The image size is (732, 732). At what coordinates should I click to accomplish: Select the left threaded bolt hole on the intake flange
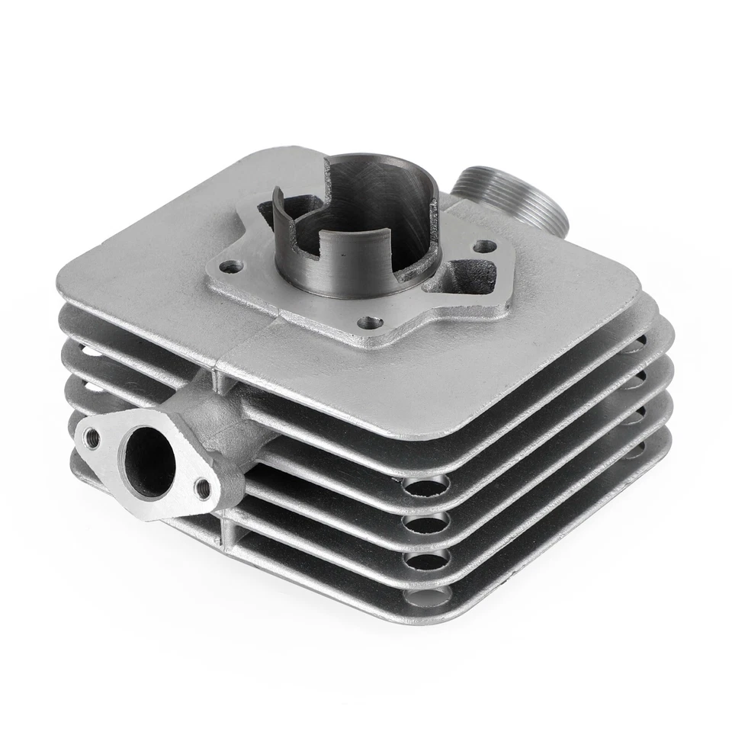click(x=92, y=437)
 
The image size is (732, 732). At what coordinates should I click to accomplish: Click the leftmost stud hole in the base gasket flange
click(x=232, y=267)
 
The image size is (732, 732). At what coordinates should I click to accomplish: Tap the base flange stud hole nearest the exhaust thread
click(x=483, y=246)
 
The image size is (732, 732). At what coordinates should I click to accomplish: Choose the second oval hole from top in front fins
click(x=426, y=522)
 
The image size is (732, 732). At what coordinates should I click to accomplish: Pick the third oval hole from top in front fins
click(x=426, y=560)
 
